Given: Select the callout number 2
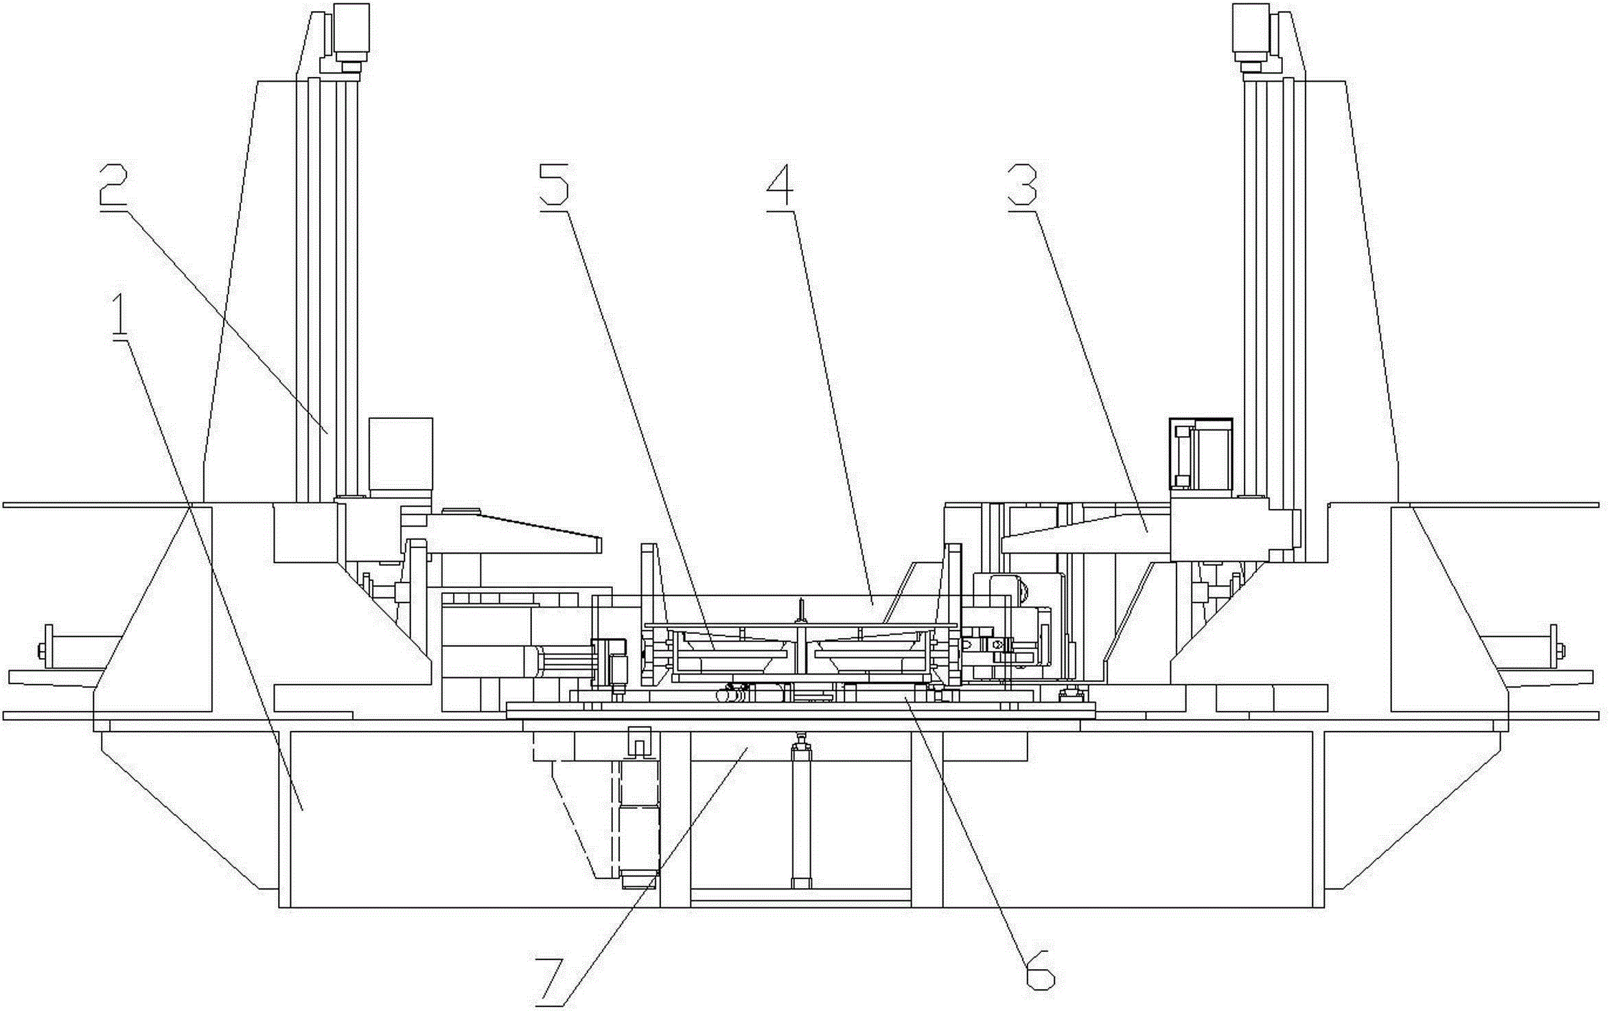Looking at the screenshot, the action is [114, 185].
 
